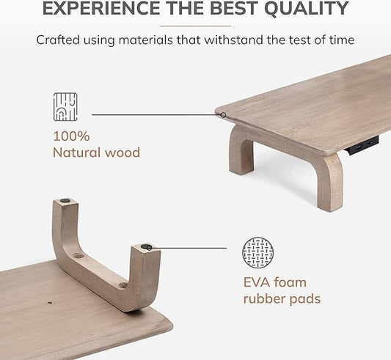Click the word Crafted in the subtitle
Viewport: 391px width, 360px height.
click(x=60, y=40)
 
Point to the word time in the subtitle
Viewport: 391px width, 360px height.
click(x=340, y=40)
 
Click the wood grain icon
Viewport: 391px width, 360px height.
click(x=66, y=107)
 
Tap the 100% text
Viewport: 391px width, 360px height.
click(x=70, y=136)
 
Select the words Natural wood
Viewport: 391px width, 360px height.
click(x=96, y=153)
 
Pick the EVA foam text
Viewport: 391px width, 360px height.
click(x=274, y=282)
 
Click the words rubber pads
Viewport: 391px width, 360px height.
click(x=282, y=299)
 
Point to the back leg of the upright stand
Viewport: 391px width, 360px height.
click(x=241, y=150)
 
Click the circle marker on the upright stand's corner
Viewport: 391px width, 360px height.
click(x=222, y=114)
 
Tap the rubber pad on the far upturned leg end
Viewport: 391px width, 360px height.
click(x=66, y=200)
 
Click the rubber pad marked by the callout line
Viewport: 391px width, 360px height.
click(x=147, y=248)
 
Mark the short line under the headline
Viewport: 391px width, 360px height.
click(x=195, y=26)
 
